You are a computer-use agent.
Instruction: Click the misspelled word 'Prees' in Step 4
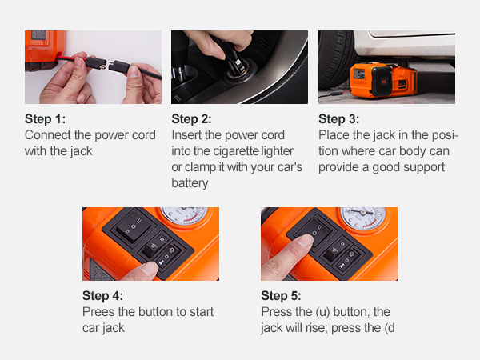99,311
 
